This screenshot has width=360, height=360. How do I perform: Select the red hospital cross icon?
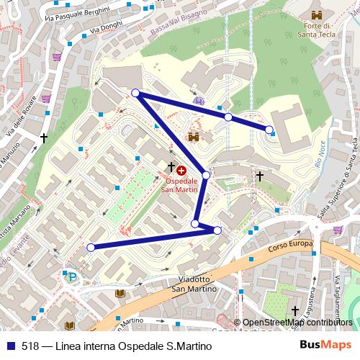(181, 171)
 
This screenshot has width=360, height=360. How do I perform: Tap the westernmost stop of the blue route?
(91, 248)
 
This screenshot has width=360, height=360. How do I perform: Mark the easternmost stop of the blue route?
(269, 130)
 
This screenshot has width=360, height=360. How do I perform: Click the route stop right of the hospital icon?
(206, 175)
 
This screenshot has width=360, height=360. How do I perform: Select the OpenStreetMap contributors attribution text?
(298, 323)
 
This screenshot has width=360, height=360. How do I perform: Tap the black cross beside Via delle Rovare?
(44, 136)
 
